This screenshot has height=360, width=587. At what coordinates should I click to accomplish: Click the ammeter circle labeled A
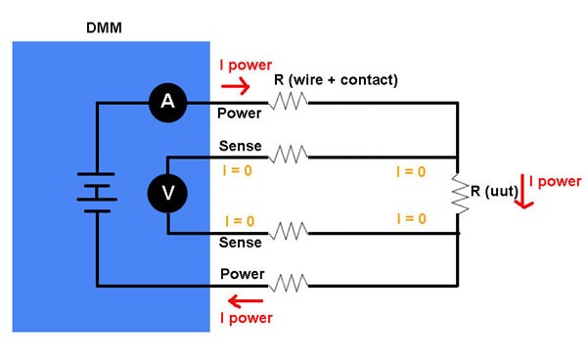(166, 103)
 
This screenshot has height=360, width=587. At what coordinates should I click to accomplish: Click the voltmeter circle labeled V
(167, 194)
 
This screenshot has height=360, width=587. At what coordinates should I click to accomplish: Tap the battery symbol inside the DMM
(97, 194)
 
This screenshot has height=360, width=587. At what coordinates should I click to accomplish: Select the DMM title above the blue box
(105, 26)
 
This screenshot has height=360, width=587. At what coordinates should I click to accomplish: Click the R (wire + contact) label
(335, 79)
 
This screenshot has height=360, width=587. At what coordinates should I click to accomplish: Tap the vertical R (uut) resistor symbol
(458, 194)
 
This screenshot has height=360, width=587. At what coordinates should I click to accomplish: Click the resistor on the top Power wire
(290, 102)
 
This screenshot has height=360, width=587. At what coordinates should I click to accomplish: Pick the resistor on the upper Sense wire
(290, 156)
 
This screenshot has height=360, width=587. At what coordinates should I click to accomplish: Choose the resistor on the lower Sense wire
(290, 232)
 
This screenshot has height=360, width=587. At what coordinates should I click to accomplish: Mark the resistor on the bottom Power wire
(290, 285)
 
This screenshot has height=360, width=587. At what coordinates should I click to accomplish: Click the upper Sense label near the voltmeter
(241, 146)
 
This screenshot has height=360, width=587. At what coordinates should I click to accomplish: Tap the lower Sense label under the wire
(241, 243)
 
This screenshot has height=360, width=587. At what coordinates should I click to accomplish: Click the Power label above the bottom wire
(241, 273)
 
